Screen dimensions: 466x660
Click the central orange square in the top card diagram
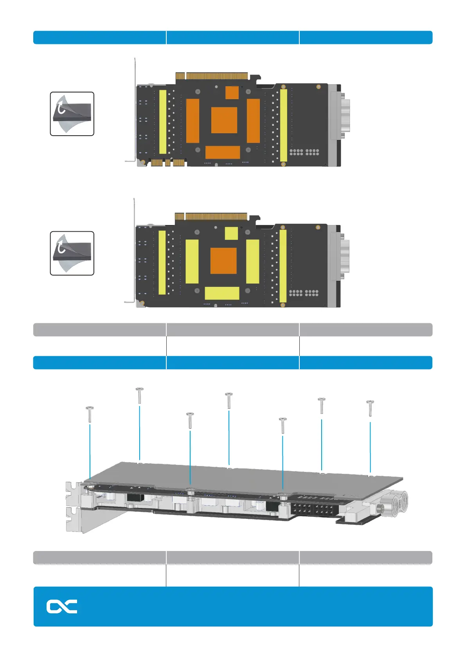coord(224,120)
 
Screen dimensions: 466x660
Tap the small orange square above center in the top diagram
coord(232,92)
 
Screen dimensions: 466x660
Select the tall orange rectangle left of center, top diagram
coord(193,121)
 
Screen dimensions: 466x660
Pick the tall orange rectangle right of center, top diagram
coord(253,121)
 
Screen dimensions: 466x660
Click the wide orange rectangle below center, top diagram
coord(222,152)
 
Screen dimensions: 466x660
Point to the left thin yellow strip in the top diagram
coord(163,122)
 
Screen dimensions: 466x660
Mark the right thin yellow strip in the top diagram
coord(283,125)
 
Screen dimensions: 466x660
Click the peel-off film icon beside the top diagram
coord(72,114)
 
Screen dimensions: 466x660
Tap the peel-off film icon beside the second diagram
coord(72,253)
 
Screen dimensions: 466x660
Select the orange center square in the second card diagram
coord(223,261)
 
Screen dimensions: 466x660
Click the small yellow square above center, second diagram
coord(231,233)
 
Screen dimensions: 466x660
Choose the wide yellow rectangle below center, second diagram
coord(222,293)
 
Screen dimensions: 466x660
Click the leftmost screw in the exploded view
coord(90,414)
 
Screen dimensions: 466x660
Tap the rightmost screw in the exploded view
coord(370,408)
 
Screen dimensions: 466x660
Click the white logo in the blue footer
coord(62,606)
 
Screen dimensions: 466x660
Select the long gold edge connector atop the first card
coord(217,76)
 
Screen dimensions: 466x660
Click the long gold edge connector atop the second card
coord(216,216)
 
